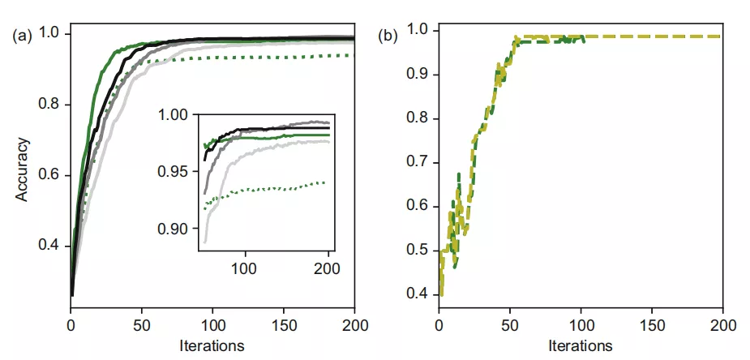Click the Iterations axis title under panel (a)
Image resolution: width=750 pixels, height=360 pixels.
pyautogui.click(x=212, y=345)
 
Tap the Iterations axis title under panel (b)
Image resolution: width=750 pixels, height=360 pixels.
pyautogui.click(x=581, y=345)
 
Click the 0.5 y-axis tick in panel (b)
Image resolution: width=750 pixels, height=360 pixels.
pyautogui.click(x=420, y=250)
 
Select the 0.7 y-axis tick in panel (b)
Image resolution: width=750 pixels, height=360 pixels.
pyautogui.click(x=420, y=162)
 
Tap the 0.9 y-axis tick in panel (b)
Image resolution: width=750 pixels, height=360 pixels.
pyautogui.click(x=420, y=75)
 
